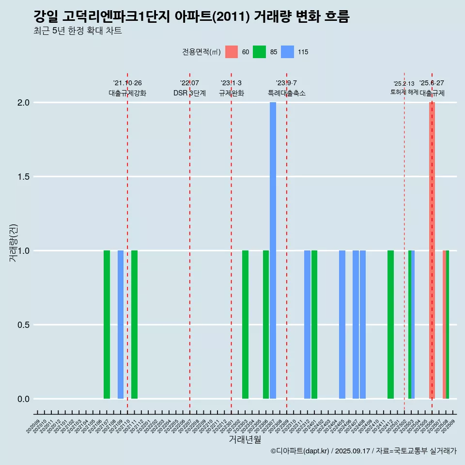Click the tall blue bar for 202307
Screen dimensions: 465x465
tap(273, 250)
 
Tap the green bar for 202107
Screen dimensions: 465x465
tap(107, 325)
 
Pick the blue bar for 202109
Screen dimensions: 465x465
tap(121, 325)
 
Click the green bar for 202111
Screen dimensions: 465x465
tap(134, 325)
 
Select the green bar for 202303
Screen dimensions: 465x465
tap(245, 325)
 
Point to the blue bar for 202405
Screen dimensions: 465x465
tap(342, 325)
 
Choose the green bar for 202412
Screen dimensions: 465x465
tap(390, 325)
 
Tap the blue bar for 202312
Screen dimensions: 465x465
tap(307, 325)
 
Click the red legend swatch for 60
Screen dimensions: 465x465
tap(232, 52)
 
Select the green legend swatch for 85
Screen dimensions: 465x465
tap(260, 52)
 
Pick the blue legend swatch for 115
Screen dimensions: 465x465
tap(288, 52)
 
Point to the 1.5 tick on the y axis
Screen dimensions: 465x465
tap(23, 177)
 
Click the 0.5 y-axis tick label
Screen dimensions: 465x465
tap(23, 325)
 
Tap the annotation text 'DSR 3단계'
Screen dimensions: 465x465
tap(189, 93)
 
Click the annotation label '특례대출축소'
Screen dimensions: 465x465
tap(287, 93)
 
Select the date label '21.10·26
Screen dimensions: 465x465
tap(127, 83)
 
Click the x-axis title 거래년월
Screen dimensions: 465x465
tap(245, 439)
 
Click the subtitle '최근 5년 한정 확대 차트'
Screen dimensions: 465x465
tap(77, 31)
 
